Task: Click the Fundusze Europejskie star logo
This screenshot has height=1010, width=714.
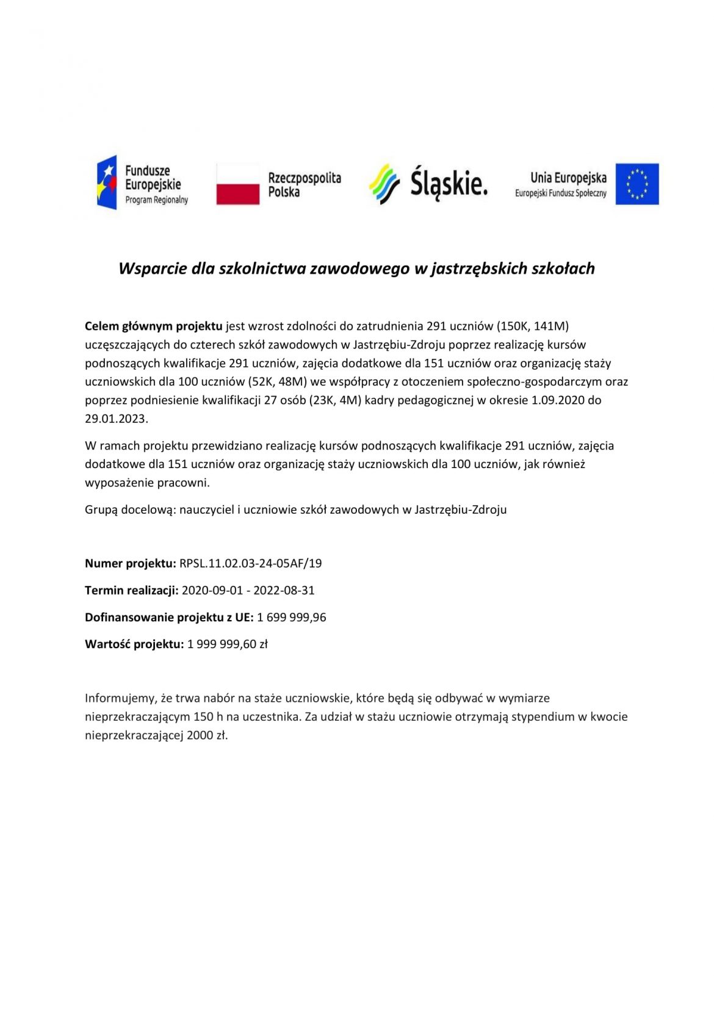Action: [107, 182]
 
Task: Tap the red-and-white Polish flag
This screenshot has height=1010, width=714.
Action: [237, 184]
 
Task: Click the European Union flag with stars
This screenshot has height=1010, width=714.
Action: [636, 184]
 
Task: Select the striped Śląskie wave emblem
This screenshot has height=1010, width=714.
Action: [384, 184]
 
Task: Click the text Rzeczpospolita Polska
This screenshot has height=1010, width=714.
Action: [305, 184]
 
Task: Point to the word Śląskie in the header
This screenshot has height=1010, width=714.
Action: [449, 183]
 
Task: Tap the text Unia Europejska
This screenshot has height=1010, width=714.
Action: [568, 178]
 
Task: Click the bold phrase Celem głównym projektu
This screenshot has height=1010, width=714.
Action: [153, 326]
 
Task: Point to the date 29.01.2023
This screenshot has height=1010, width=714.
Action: [116, 419]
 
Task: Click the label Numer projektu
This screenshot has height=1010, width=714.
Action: [130, 563]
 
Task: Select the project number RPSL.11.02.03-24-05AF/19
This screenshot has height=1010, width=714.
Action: [250, 563]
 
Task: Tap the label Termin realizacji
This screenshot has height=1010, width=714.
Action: [131, 590]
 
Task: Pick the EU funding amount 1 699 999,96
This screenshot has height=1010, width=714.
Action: [291, 617]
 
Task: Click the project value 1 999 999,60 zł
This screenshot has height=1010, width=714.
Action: [227, 644]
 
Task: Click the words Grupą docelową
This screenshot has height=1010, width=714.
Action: [129, 510]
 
